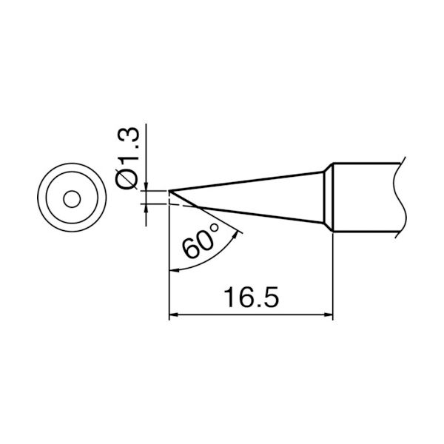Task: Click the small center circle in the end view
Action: (x=71, y=199)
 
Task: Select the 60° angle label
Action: (x=199, y=242)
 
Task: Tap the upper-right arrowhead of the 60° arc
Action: (x=238, y=233)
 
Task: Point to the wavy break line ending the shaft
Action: (x=403, y=198)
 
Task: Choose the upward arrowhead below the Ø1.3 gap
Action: (x=149, y=209)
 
